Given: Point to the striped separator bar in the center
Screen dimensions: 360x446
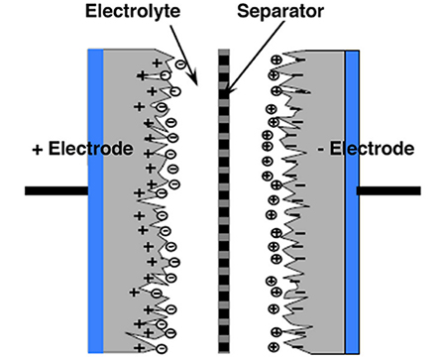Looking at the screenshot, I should click(224, 198).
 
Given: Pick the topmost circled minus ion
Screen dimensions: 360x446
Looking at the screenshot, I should click(179, 64).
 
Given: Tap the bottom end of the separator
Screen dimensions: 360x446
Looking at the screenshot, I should click(224, 349).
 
